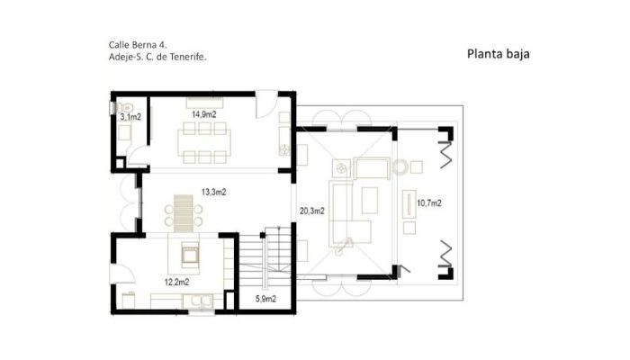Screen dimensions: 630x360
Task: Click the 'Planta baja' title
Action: click(499, 54)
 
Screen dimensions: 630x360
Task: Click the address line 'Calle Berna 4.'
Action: click(138, 45)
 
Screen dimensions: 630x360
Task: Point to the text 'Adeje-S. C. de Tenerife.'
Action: click(157, 57)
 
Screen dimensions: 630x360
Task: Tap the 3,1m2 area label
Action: click(131, 117)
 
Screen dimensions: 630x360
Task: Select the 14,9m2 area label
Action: click(203, 114)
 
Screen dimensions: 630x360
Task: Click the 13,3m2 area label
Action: click(214, 192)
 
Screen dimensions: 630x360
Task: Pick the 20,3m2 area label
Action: click(312, 211)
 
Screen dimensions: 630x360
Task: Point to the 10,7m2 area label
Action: click(429, 203)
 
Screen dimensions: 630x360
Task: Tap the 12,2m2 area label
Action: click(176, 282)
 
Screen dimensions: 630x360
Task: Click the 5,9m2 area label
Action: click(265, 299)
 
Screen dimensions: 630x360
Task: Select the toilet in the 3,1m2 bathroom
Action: click(124, 108)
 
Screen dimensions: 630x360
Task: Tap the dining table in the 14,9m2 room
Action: click(204, 142)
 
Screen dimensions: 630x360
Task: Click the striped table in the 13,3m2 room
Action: click(184, 213)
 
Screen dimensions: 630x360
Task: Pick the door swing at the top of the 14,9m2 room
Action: click(266, 104)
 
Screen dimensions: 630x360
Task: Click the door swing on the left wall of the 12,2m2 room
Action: click(123, 274)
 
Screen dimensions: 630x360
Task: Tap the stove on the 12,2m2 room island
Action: click(189, 255)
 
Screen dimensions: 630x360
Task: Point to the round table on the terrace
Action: click(400, 166)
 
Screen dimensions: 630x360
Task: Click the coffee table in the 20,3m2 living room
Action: click(369, 201)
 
